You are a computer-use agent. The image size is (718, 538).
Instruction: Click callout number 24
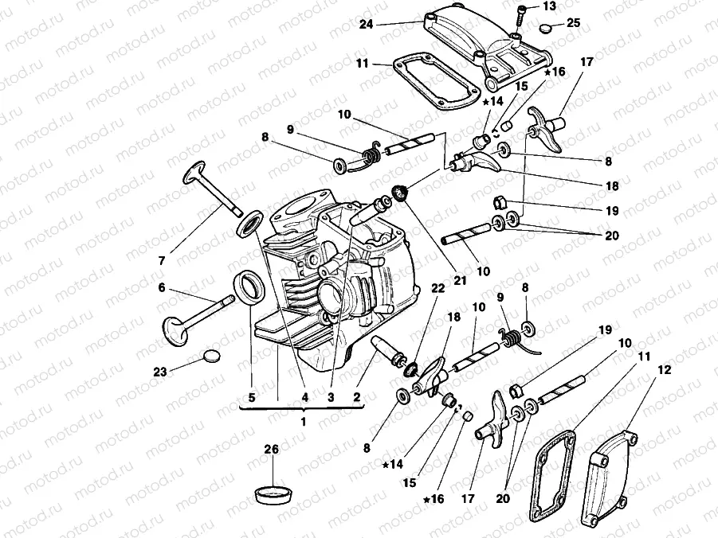366,25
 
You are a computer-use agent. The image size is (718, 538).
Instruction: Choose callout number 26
272,450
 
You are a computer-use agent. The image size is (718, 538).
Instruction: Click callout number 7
163,260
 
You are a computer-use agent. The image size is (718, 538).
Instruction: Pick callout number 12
665,370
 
